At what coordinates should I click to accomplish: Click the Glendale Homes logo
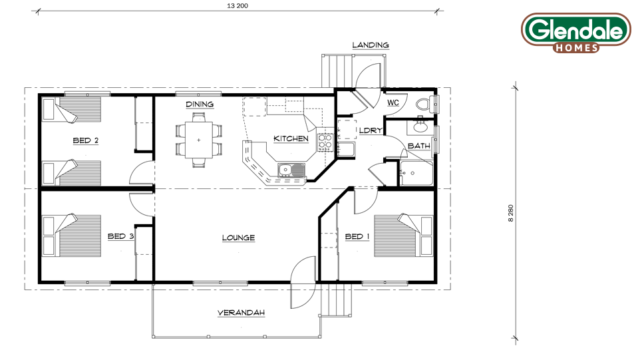coord(576,33)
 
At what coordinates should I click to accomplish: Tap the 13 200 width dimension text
coord(238,6)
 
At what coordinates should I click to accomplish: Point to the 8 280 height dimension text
coord(510,214)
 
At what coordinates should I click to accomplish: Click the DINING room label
coord(200,104)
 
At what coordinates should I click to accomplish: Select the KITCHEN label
coord(291,139)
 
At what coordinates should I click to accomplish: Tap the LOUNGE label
coord(238,238)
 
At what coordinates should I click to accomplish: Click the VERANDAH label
coord(241,313)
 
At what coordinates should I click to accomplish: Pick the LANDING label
coord(371,45)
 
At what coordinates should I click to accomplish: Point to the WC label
coord(393,102)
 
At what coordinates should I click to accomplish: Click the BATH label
coord(419,146)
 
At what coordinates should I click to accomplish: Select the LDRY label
coord(371,130)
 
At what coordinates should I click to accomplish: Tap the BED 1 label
coord(357,237)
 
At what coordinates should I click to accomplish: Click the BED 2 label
coord(85,140)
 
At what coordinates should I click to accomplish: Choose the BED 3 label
coord(121,236)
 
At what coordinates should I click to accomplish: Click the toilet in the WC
coord(425,104)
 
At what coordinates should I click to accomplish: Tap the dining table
coord(199,140)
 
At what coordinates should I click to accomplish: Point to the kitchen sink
coord(291,170)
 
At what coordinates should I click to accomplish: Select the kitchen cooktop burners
coord(325,141)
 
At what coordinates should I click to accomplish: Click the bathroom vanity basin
coord(420,126)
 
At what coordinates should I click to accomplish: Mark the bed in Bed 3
coord(72,236)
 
